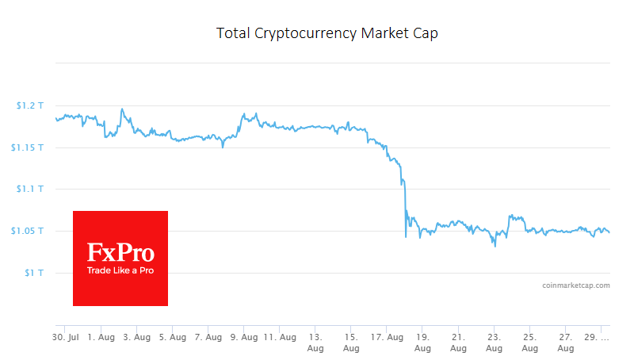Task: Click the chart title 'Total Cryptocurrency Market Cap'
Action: pyautogui.click(x=327, y=34)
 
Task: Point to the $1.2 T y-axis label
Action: pyautogui.click(x=29, y=105)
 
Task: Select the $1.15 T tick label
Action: pyautogui.click(x=28, y=147)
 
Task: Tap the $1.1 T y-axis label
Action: pyautogui.click(x=29, y=189)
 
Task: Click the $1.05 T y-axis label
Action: pyautogui.click(x=28, y=231)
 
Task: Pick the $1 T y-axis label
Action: pyautogui.click(x=34, y=273)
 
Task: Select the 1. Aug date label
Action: pyautogui.click(x=101, y=338)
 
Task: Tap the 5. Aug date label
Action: pyautogui.click(x=172, y=338)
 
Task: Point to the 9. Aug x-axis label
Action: pyautogui.click(x=244, y=338)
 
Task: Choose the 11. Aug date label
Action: pyautogui.click(x=280, y=338)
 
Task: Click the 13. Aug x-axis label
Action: pyautogui.click(x=315, y=343)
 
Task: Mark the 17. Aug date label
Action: pyautogui.click(x=387, y=338)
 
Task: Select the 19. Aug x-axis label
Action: pyautogui.click(x=422, y=343)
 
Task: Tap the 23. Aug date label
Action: pyautogui.click(x=494, y=343)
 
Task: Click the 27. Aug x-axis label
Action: pyautogui.click(x=565, y=343)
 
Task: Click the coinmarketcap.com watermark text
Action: pyautogui.click(x=576, y=285)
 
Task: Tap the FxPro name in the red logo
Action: pyautogui.click(x=120, y=253)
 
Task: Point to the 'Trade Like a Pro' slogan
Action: pyautogui.click(x=120, y=271)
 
